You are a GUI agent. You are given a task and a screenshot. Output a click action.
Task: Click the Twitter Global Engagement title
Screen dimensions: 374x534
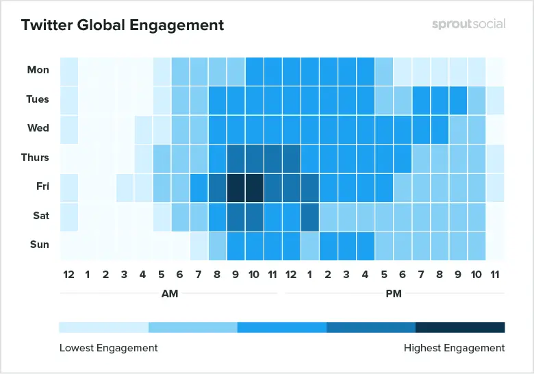pyautogui.click(x=123, y=25)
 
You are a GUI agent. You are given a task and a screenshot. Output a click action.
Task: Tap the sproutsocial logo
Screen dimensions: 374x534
pyautogui.click(x=468, y=25)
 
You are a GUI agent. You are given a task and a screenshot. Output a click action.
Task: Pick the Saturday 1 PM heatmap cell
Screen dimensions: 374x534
pyautogui.click(x=309, y=216)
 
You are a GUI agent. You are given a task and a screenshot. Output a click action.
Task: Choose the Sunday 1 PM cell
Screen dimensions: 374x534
pyautogui.click(x=309, y=245)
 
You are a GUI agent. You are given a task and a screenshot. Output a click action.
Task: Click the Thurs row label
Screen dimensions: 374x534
pyautogui.click(x=35, y=158)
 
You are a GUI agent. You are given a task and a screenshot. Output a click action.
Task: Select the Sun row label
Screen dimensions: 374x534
pyautogui.click(x=39, y=245)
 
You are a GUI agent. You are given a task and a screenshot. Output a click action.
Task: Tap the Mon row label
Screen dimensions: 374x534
pyautogui.click(x=38, y=70)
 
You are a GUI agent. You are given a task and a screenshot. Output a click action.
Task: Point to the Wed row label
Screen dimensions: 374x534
pyautogui.click(x=38, y=128)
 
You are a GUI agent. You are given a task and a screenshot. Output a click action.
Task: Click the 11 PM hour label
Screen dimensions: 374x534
pyautogui.click(x=495, y=275)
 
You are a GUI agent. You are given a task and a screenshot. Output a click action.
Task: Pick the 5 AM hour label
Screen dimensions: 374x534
pyautogui.click(x=162, y=275)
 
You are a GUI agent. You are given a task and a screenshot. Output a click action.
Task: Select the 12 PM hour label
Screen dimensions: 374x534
pyautogui.click(x=291, y=275)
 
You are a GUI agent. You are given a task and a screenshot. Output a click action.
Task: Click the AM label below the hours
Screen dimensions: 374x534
pyautogui.click(x=170, y=293)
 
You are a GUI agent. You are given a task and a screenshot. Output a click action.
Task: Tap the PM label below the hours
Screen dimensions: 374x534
pyautogui.click(x=393, y=293)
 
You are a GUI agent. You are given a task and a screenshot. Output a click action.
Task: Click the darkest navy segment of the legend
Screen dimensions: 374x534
pyautogui.click(x=460, y=327)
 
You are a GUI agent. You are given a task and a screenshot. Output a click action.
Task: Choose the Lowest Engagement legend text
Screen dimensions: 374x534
pyautogui.click(x=109, y=348)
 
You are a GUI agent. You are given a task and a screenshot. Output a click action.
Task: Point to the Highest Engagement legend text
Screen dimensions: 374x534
pyautogui.click(x=454, y=348)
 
